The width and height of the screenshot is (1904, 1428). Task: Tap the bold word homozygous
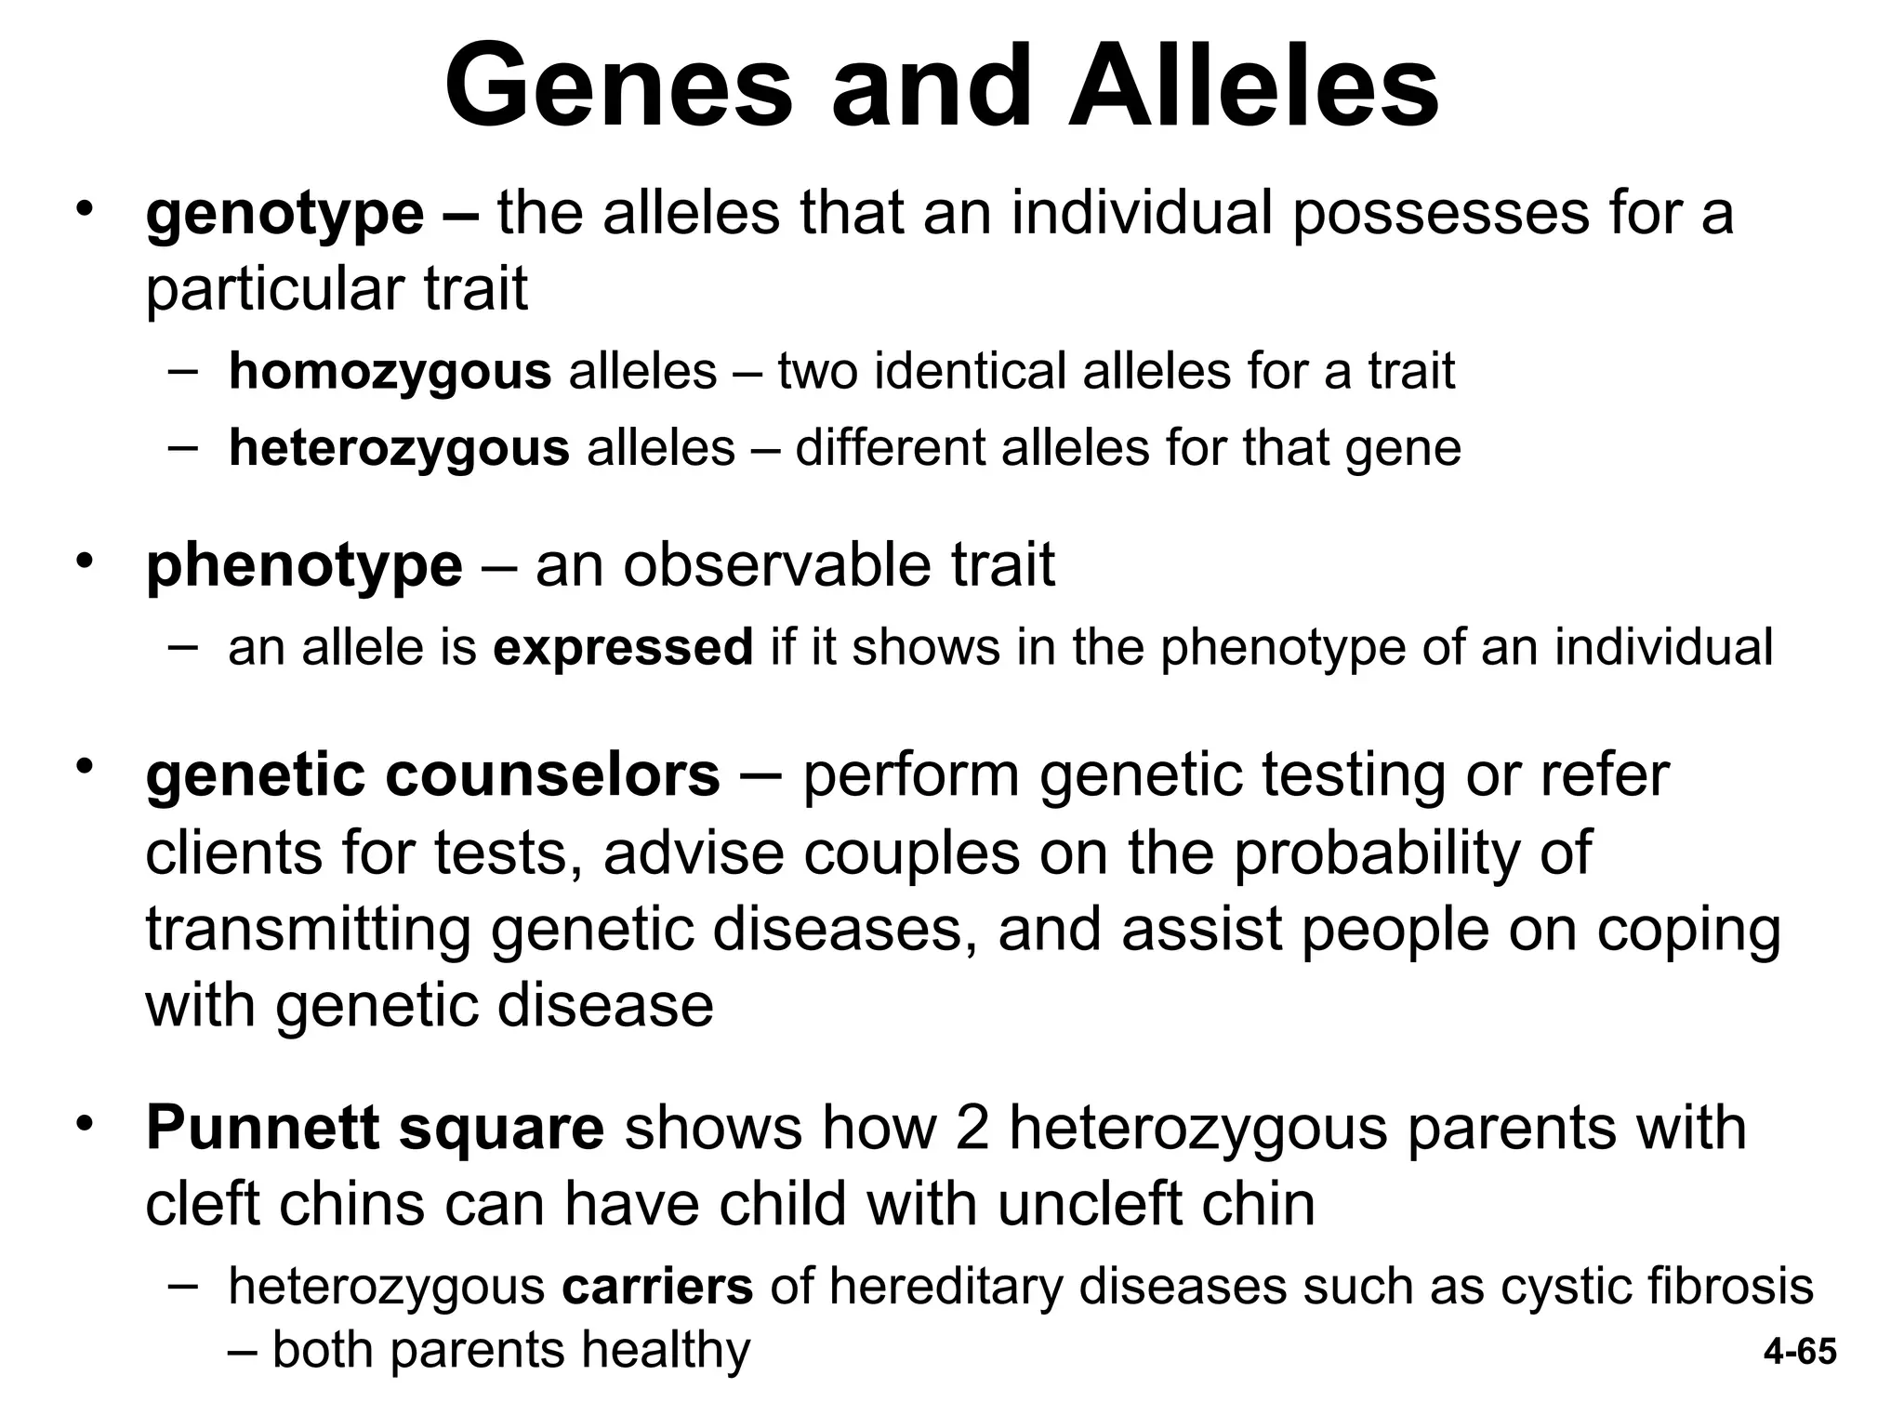pyautogui.click(x=390, y=372)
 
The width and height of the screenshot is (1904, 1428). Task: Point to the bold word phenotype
pyautogui.click(x=304, y=565)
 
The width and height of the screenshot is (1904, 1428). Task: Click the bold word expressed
pyautogui.click(x=623, y=647)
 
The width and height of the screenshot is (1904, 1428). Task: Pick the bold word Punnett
pyautogui.click(x=262, y=1128)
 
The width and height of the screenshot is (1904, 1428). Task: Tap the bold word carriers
pyautogui.click(x=657, y=1287)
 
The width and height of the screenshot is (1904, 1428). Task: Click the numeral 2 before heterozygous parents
pyautogui.click(x=972, y=1128)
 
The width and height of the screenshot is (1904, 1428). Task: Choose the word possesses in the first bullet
pyautogui.click(x=1441, y=216)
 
